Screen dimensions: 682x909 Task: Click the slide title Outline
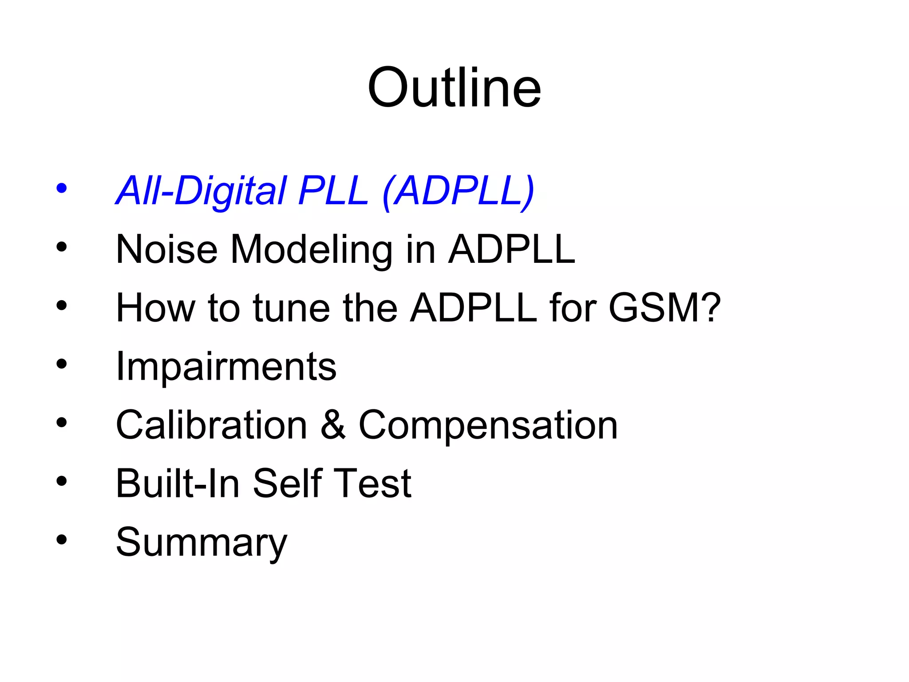pos(454,87)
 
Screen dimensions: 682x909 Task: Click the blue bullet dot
pos(62,188)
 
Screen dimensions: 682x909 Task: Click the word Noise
pos(166,250)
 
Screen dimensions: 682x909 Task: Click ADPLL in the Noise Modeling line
pos(511,250)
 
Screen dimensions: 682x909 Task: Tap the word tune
pos(291,308)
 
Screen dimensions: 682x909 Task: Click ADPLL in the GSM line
pos(474,308)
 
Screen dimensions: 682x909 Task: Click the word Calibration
pos(211,425)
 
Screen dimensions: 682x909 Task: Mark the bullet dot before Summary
pos(62,540)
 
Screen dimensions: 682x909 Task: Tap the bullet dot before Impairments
pos(62,364)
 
